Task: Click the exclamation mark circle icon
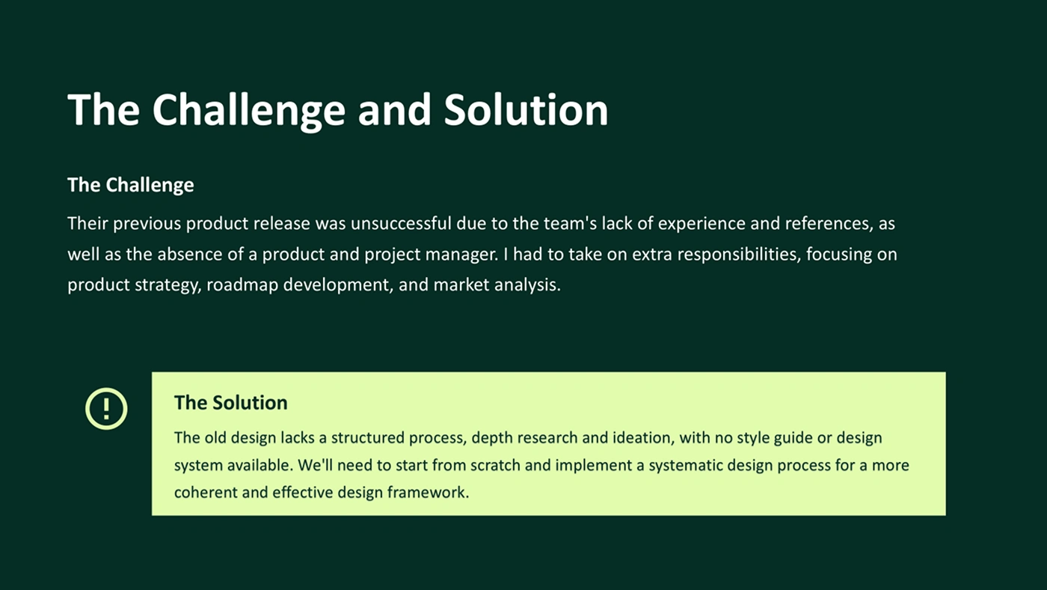[106, 409]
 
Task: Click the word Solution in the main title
[526, 109]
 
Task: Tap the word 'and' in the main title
[394, 109]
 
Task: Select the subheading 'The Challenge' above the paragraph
[130, 185]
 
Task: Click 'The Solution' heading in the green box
[230, 403]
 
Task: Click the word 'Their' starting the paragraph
[87, 223]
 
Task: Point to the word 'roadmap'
[242, 285]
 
